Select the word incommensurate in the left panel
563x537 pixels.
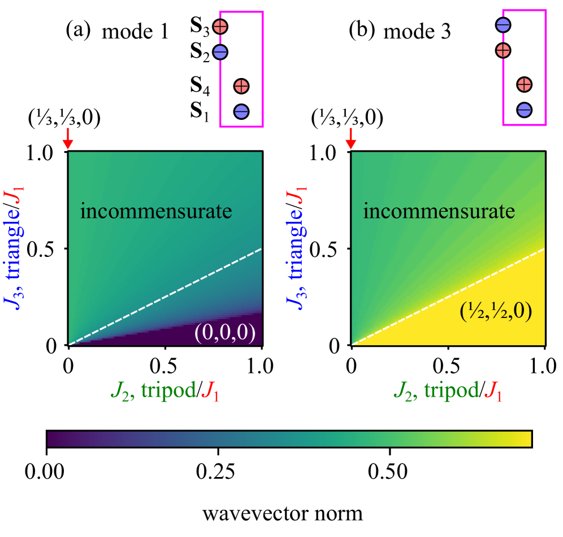click(x=156, y=211)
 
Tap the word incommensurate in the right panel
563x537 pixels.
click(x=439, y=211)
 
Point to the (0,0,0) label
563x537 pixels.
click(x=225, y=333)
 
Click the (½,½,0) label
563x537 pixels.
click(x=496, y=311)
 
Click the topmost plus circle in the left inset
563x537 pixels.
click(x=220, y=26)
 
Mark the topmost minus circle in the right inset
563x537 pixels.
click(x=503, y=25)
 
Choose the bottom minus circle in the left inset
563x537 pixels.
click(x=241, y=111)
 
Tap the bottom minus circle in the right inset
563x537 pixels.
click(x=525, y=110)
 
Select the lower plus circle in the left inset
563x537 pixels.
click(x=241, y=86)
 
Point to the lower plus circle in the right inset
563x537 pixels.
click(x=525, y=84)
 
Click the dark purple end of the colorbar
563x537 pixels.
click(x=54, y=439)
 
